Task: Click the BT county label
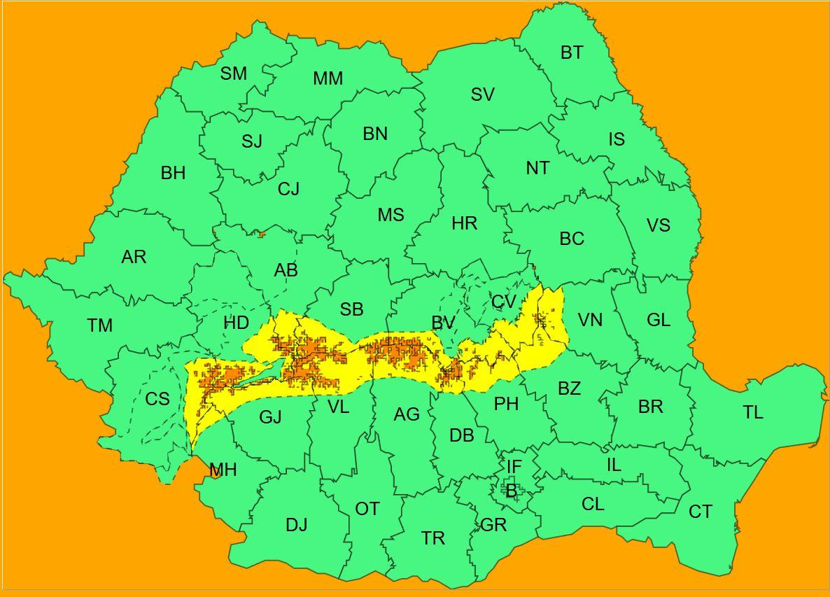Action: [x=572, y=52]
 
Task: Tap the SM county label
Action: [x=234, y=73]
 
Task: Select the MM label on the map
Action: [x=328, y=79]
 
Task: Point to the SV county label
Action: [x=482, y=94]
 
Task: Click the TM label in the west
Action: [x=100, y=325]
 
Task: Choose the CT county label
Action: [x=700, y=512]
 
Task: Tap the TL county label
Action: [x=753, y=413]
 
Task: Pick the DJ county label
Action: [x=297, y=525]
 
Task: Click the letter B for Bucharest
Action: [x=511, y=492]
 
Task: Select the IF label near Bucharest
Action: [x=514, y=466]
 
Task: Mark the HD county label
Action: [x=237, y=323]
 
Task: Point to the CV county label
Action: [x=504, y=302]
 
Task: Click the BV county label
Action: [x=444, y=323]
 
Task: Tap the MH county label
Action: [x=223, y=470]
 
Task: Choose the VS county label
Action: [x=658, y=225]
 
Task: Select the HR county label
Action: [x=464, y=224]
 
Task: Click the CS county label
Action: [x=157, y=399]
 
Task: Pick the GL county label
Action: [x=659, y=321]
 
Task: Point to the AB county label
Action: [x=286, y=270]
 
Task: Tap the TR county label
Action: [x=433, y=538]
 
